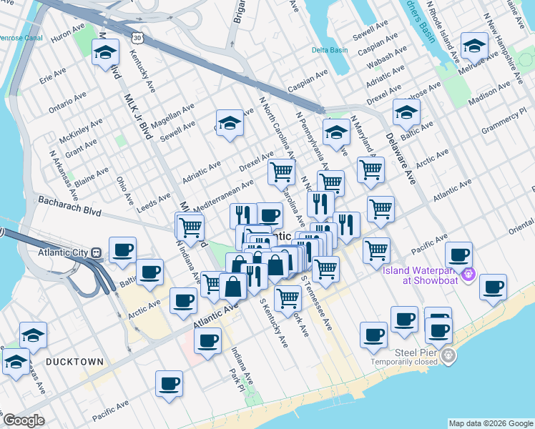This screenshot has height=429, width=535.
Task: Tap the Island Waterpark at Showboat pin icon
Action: coord(469,272)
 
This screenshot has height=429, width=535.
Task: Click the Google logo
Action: coord(24,420)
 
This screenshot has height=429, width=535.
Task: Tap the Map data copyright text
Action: coord(490,423)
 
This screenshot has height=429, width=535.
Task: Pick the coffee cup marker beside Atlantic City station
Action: coord(122,250)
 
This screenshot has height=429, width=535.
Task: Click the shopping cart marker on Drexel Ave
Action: coord(281,171)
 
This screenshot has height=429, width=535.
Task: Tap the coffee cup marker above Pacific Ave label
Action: coord(170,384)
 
